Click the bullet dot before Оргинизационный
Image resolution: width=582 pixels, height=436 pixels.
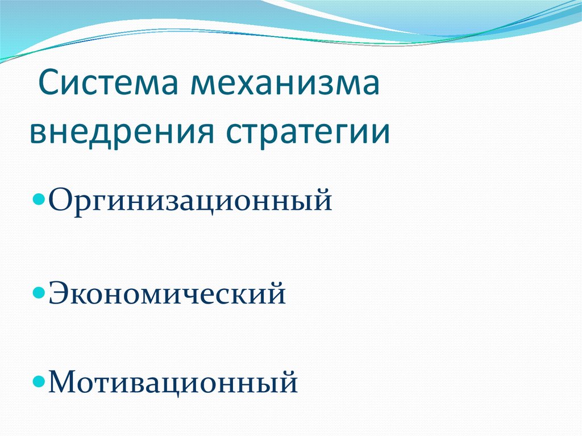click(x=39, y=202)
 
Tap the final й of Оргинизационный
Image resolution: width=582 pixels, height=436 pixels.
click(x=322, y=201)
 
